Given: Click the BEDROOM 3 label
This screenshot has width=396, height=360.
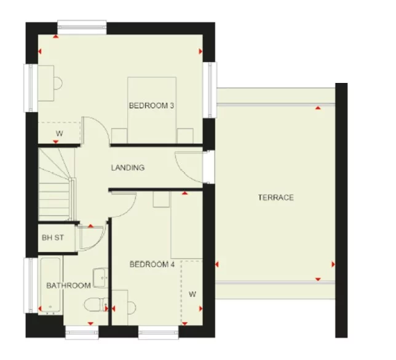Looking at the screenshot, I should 151,106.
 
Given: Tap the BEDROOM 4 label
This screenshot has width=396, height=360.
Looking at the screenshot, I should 151,264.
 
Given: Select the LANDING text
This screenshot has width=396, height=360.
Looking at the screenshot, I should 127,167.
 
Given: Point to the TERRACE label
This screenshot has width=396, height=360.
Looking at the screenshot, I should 275,197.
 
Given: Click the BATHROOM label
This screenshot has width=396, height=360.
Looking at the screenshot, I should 68,285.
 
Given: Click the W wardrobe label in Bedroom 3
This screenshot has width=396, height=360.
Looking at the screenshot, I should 59,133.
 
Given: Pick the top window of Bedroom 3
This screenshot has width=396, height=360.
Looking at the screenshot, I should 82,25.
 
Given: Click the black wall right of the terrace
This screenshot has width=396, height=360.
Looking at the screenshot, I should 341,209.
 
